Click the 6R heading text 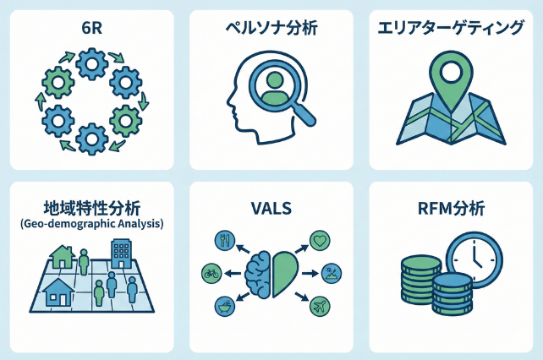click(x=90, y=28)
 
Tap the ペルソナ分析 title click(x=271, y=28)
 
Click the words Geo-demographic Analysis click(x=91, y=224)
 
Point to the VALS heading click(x=271, y=208)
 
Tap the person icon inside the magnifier click(x=273, y=85)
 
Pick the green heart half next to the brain click(x=285, y=272)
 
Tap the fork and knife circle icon click(x=226, y=240)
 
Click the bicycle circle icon click(x=212, y=273)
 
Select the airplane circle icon click(x=321, y=305)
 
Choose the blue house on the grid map click(x=57, y=292)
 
